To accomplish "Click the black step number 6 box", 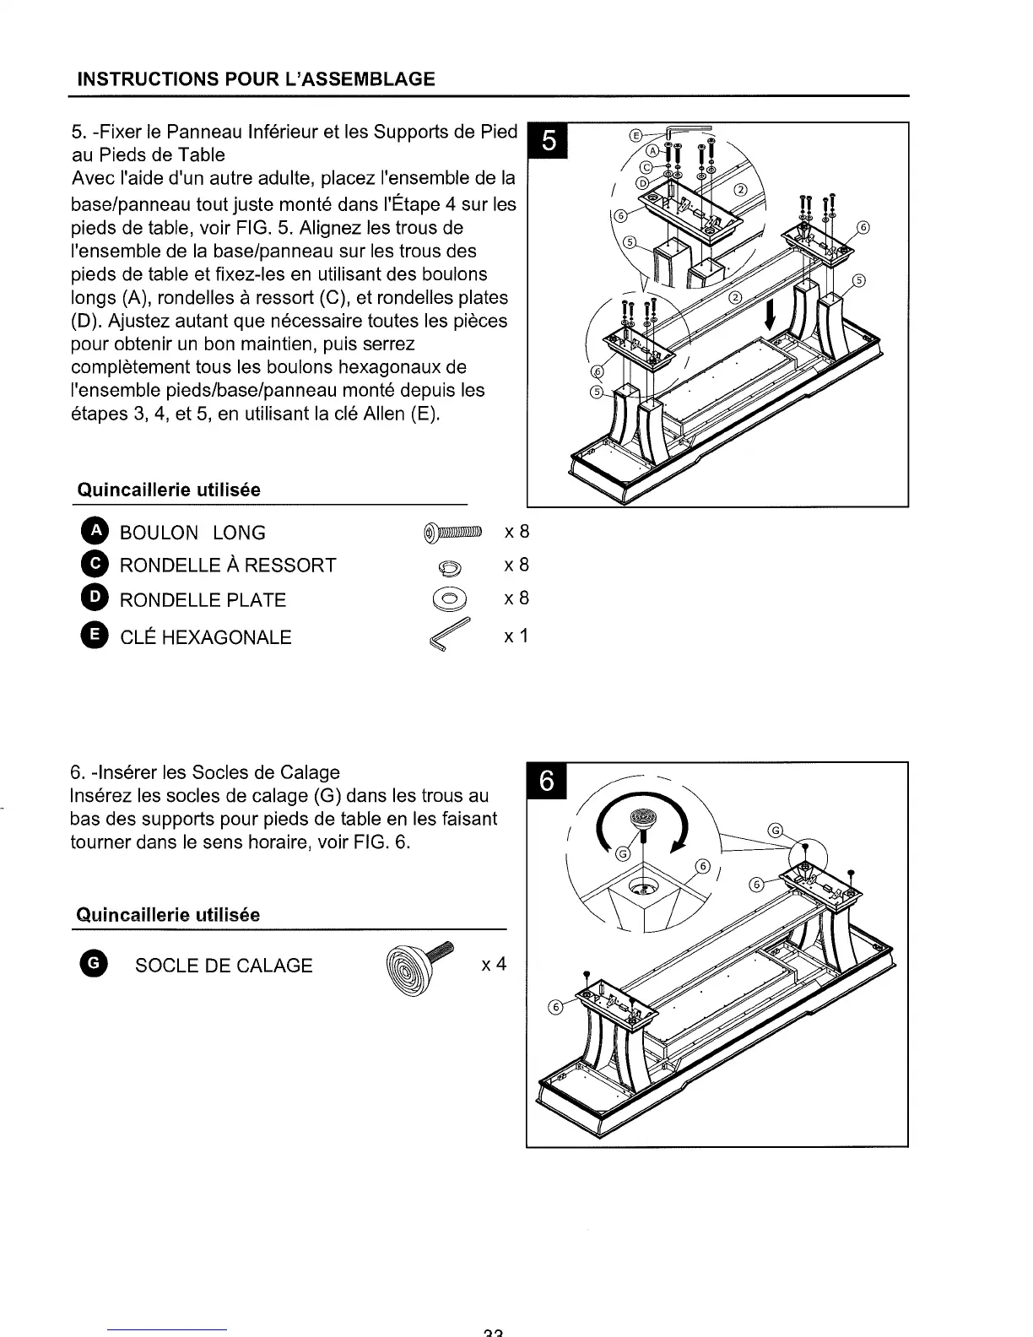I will (x=546, y=782).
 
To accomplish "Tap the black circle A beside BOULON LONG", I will (x=96, y=531).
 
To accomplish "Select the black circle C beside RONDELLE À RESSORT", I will (x=96, y=564).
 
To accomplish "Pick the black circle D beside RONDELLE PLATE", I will (x=96, y=598).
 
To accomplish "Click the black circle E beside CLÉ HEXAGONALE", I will (x=96, y=636).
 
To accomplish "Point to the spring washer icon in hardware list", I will (x=452, y=567).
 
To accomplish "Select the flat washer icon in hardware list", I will (x=452, y=600).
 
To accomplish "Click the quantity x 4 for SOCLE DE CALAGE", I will (x=494, y=964).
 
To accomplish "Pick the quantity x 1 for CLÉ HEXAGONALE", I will (x=516, y=636).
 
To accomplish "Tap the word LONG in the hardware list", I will (x=239, y=533).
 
